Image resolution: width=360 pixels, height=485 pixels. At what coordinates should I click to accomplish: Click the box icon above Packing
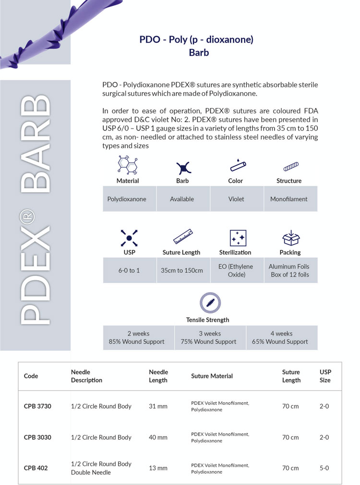coord(290,238)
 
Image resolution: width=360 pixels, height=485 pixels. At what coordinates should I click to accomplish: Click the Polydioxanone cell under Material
coord(127,199)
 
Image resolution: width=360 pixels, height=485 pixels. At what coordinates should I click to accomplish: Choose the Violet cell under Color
coord(236,199)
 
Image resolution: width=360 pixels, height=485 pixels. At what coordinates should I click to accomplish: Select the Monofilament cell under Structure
coord(289,199)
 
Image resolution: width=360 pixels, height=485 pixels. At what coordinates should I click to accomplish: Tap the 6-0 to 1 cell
coord(129,270)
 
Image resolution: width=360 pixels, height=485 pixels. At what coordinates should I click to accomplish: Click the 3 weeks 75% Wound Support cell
coord(210,338)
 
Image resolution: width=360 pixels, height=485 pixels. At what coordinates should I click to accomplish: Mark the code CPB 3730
coord(37,406)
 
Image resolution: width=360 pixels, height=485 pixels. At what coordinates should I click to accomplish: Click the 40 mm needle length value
coord(158,438)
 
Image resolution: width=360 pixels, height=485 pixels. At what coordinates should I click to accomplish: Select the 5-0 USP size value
coord(324,468)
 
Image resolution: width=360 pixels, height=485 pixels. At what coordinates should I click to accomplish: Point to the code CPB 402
coord(36,468)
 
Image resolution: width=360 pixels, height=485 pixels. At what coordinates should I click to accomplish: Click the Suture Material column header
coord(212,376)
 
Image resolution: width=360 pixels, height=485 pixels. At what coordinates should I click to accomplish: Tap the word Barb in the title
coord(199,53)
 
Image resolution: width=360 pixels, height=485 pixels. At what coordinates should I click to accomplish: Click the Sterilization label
coord(235,252)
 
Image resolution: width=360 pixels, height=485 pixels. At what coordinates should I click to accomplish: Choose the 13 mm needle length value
coord(158,468)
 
